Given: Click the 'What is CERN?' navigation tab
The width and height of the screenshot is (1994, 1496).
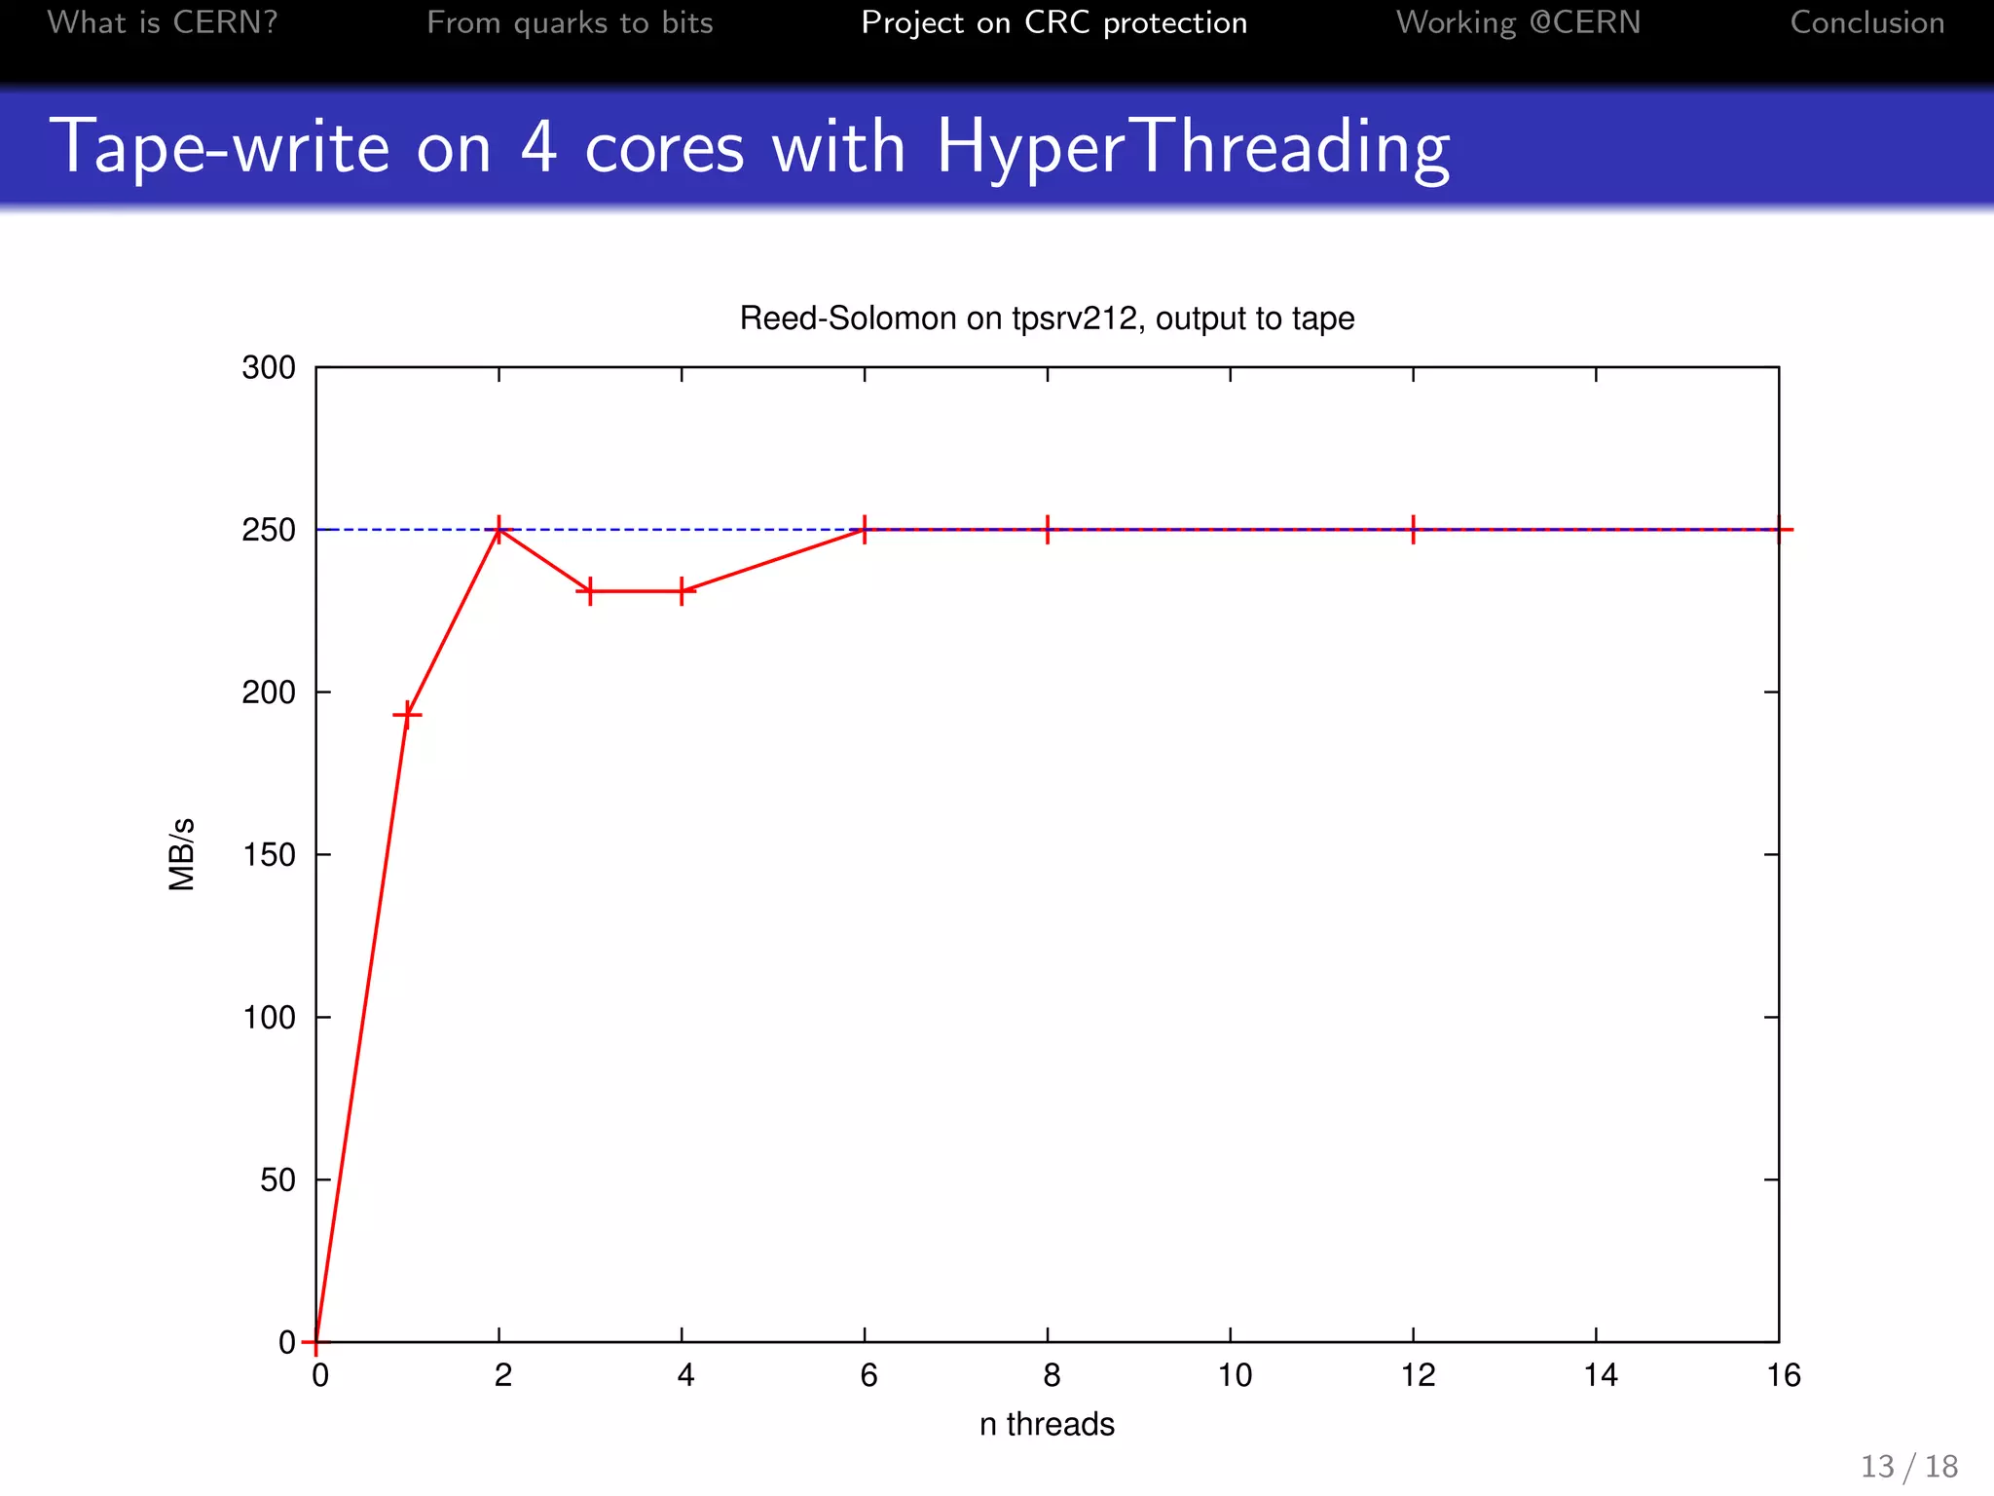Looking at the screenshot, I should (x=163, y=22).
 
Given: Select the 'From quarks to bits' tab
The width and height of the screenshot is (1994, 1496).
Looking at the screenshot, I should (x=570, y=22).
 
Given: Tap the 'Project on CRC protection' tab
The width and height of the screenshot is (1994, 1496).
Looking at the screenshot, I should (x=1053, y=22).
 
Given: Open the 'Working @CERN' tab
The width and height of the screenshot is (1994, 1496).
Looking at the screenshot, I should (x=1518, y=22).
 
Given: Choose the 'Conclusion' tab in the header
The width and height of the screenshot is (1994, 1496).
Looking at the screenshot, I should (x=1866, y=22).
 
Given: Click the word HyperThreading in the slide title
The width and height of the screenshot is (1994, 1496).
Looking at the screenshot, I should (x=1193, y=147).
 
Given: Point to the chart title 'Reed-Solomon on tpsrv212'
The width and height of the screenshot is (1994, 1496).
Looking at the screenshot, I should (x=1047, y=318).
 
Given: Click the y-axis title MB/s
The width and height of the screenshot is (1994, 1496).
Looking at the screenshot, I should (x=182, y=854).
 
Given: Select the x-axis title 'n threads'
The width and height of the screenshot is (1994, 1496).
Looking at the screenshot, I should (x=1047, y=1424).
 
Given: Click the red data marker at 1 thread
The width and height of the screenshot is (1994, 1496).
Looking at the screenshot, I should (x=407, y=716).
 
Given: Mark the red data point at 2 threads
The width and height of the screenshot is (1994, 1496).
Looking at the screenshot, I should (x=498, y=530).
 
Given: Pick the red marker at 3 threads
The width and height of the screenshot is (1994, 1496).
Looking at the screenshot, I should (x=590, y=591).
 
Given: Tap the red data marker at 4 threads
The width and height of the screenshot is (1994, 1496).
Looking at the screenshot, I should (x=682, y=591).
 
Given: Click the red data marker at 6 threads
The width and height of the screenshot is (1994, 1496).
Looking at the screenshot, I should (x=865, y=530).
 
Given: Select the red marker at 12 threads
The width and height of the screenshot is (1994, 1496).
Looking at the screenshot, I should (x=1413, y=530).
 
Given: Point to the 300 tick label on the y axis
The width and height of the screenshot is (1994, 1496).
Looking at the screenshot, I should (x=269, y=368).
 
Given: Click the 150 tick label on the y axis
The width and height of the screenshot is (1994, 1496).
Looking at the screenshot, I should (x=269, y=855).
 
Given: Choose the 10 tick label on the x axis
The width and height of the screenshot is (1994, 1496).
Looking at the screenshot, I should (x=1235, y=1375).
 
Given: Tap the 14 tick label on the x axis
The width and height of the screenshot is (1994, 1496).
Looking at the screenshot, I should (x=1601, y=1375).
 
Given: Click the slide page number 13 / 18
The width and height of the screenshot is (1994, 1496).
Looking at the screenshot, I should (x=1908, y=1466).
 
